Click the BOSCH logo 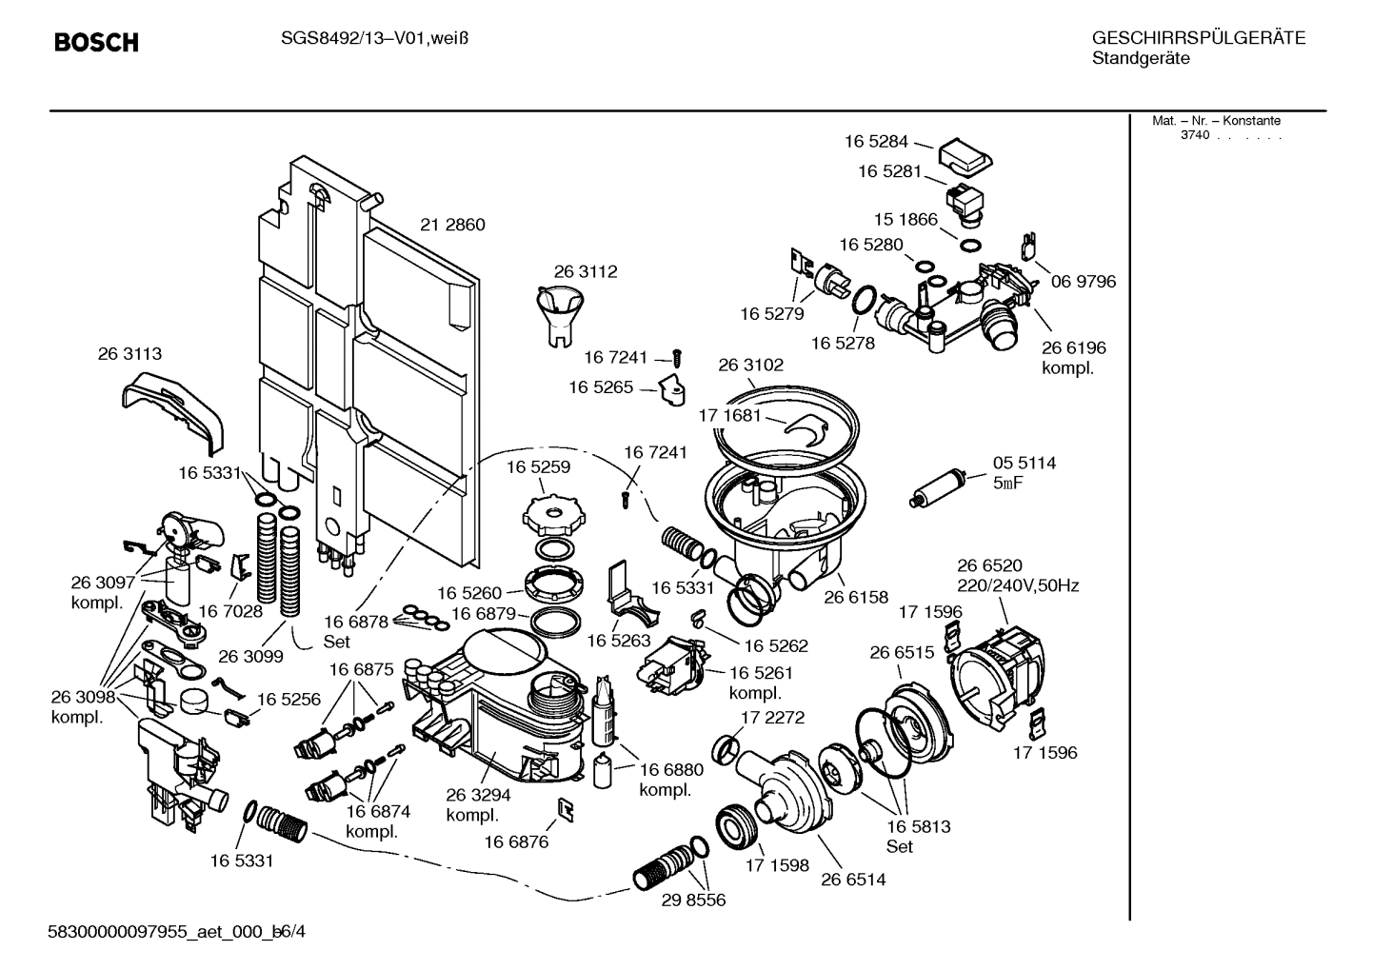click(x=96, y=43)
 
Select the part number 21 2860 click(x=452, y=226)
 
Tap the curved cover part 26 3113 click(x=175, y=410)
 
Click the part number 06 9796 click(x=1083, y=282)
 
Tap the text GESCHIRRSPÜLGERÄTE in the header click(x=1198, y=39)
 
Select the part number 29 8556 click(x=693, y=900)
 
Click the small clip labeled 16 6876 click(x=566, y=808)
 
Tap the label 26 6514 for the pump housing click(x=853, y=880)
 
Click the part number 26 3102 click(x=751, y=366)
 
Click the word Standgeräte click(x=1140, y=59)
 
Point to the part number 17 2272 click(x=772, y=718)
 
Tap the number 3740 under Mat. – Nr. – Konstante click(x=1194, y=135)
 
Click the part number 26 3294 click(x=478, y=795)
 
